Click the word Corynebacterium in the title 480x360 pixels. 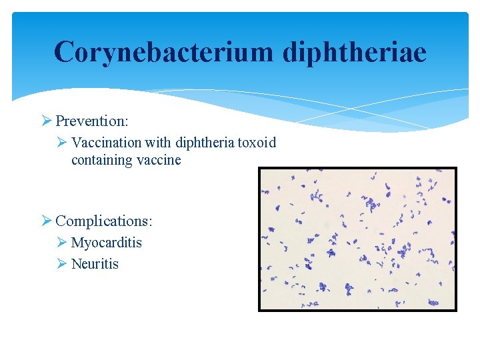(x=164, y=52)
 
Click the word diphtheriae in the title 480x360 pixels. (x=354, y=52)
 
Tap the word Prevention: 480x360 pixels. (x=92, y=121)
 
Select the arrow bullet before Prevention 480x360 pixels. (x=46, y=121)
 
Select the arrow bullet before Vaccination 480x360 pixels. (x=62, y=143)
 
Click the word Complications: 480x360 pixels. (x=104, y=221)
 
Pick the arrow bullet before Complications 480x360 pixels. (x=46, y=221)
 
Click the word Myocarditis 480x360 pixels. (x=107, y=243)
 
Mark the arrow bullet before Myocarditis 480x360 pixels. (x=62, y=243)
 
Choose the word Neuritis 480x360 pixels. (x=95, y=264)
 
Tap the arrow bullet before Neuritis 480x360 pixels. (x=62, y=264)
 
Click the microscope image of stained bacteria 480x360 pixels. (x=358, y=239)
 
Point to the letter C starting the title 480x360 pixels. (x=65, y=52)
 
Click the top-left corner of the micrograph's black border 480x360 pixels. (x=259, y=168)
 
